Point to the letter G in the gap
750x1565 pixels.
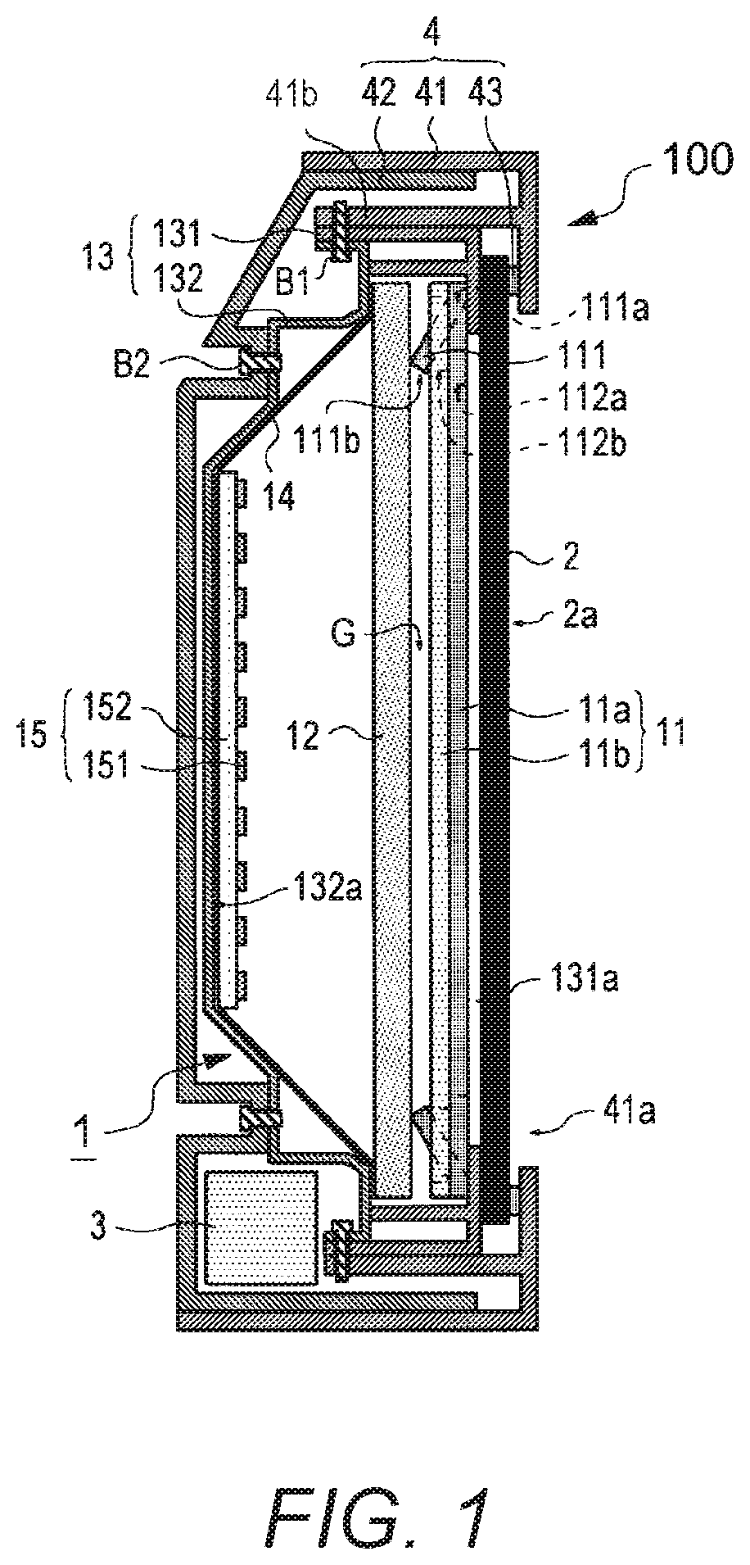346,633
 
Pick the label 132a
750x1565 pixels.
325,882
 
